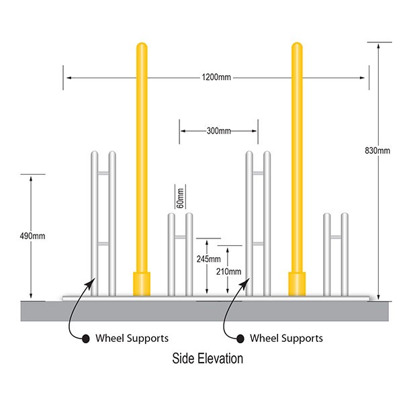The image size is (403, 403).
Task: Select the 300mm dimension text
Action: pos(219,131)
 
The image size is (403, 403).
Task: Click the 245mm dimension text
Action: pos(209,259)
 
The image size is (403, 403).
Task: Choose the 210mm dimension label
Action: pos(229,271)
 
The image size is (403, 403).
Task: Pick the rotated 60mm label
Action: pos(180,197)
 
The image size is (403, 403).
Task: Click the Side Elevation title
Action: pos(208,359)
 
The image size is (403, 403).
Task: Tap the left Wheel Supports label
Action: pos(132,338)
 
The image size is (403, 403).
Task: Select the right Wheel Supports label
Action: pos(286,338)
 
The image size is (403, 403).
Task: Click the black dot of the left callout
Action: pos(85,338)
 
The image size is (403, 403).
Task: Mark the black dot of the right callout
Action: pos(240,338)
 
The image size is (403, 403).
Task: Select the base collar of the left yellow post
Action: pos(142,283)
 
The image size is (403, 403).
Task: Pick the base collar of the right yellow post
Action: pos(296,283)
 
